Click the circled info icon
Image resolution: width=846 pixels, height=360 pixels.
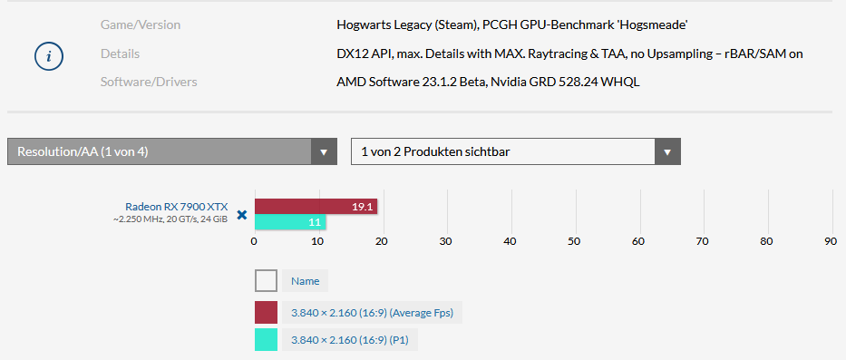[x=49, y=56]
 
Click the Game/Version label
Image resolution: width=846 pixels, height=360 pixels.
[x=141, y=24]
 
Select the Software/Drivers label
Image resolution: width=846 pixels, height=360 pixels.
[x=149, y=82]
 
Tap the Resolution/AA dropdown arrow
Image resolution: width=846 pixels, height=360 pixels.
[x=324, y=151]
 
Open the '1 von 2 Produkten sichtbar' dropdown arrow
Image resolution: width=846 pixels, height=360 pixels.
[x=667, y=151]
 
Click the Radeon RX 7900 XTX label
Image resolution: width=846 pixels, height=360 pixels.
[x=177, y=207]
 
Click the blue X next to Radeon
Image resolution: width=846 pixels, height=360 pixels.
[x=242, y=215]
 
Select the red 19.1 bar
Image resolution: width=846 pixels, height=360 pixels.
[x=316, y=207]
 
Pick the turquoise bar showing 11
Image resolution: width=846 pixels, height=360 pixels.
[x=290, y=222]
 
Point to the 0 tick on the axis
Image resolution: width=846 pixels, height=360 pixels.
[x=254, y=241]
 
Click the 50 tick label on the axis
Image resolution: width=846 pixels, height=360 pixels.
[x=575, y=241]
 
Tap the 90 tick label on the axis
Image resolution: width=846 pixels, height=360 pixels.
[x=831, y=241]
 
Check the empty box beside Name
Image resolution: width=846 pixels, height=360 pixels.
[x=266, y=281]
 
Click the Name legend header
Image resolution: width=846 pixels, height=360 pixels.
[x=305, y=281]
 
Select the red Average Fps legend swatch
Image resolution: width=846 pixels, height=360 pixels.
[x=266, y=313]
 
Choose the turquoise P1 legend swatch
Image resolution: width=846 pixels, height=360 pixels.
[x=266, y=339]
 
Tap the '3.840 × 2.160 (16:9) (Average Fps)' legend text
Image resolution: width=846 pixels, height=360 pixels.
[x=372, y=313]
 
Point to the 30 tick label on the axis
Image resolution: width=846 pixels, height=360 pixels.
[x=446, y=241]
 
